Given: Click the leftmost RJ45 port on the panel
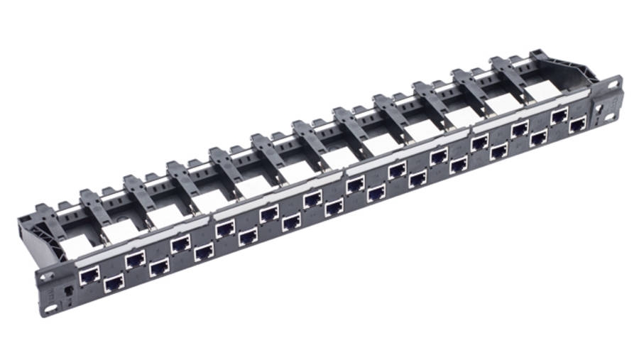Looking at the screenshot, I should [89, 276].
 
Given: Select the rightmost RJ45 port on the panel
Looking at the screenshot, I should [579, 124].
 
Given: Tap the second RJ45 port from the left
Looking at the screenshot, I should [114, 283].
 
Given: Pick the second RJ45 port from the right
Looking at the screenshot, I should [559, 116].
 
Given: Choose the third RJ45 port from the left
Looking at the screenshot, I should [135, 260].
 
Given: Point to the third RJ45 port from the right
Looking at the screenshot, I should [539, 136].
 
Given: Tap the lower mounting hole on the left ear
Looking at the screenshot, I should [51, 308].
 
